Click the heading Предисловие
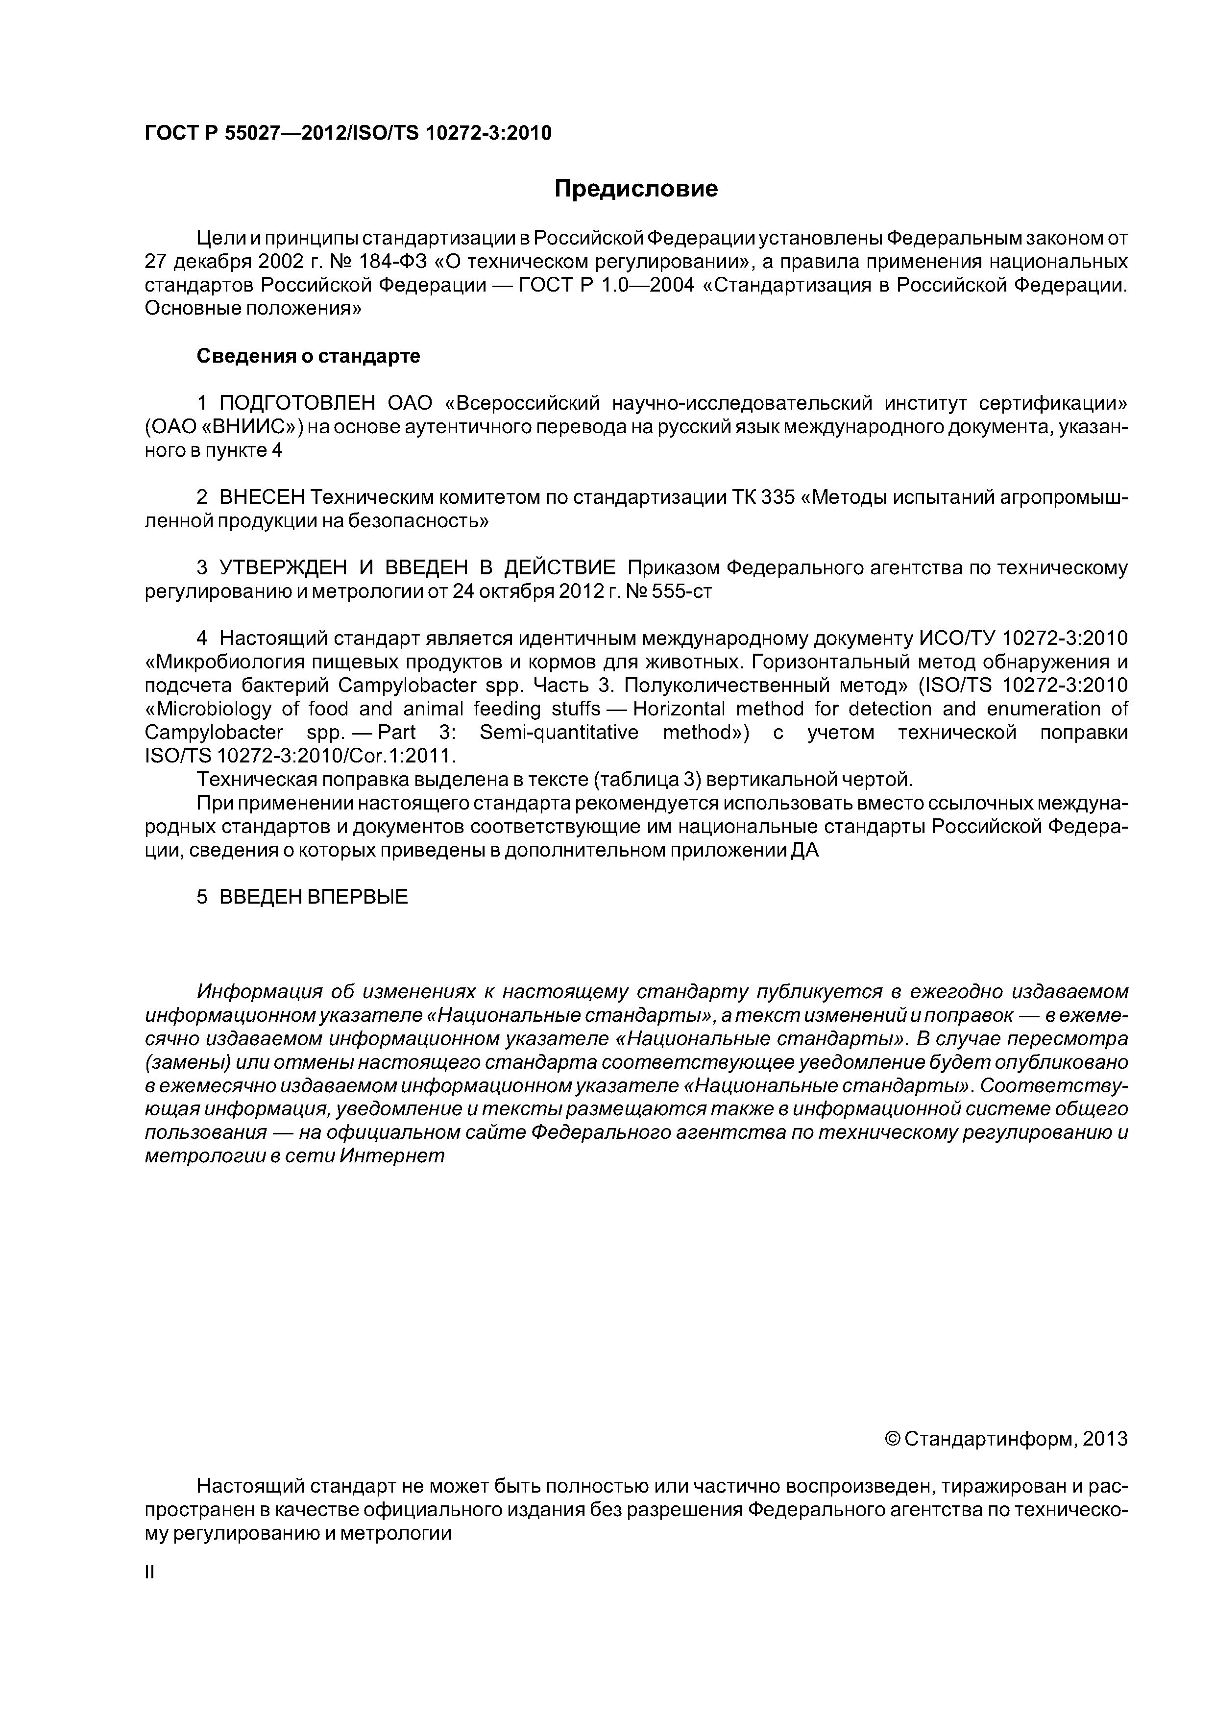click(x=635, y=189)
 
